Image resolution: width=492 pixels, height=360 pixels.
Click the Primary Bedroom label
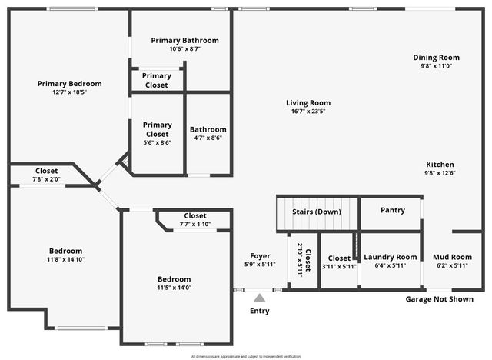click(x=69, y=84)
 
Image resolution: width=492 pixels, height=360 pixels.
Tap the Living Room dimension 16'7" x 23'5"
click(x=307, y=112)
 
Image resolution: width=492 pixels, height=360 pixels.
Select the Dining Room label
click(x=436, y=58)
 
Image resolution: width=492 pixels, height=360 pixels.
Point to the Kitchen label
click(x=440, y=165)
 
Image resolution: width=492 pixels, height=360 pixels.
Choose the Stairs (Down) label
click(x=317, y=212)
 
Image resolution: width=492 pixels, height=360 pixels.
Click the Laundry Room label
click(x=391, y=257)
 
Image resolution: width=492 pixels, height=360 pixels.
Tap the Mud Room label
click(x=451, y=257)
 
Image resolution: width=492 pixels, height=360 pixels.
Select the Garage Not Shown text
click(x=439, y=298)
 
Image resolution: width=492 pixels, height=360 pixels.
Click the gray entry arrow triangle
click(x=260, y=297)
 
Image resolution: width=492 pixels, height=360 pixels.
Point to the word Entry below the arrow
click(x=260, y=311)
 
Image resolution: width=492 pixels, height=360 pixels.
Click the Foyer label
click(x=260, y=256)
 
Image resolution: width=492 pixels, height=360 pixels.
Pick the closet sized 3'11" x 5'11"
click(x=339, y=262)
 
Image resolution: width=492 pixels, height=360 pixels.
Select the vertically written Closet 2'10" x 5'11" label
click(x=304, y=261)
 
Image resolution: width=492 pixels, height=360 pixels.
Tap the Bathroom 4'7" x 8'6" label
click(x=208, y=134)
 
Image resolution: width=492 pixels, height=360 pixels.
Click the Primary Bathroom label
click(x=184, y=40)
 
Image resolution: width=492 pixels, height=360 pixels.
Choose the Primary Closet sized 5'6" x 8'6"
click(x=157, y=134)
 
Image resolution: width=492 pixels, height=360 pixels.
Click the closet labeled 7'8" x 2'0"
click(x=46, y=175)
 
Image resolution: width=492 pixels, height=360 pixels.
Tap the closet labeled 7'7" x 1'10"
click(x=194, y=220)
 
